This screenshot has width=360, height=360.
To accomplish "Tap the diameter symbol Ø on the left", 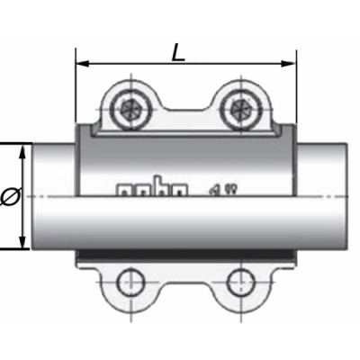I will pyautogui.click(x=8, y=197).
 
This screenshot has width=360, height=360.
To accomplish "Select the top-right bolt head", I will pyautogui.click(x=240, y=110).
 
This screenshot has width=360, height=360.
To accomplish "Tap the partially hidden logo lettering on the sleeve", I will pyautogui.click(x=152, y=189).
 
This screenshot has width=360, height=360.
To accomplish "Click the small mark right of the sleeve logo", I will pyautogui.click(x=216, y=188).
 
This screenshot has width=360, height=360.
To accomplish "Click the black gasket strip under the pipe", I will pyautogui.click(x=184, y=255).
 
